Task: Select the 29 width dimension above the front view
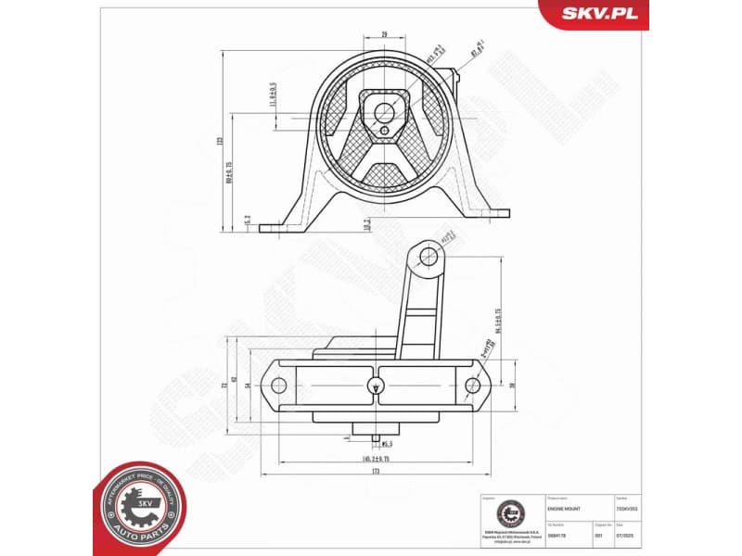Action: tap(384, 34)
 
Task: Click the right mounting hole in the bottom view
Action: tap(473, 385)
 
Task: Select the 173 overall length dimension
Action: tap(376, 472)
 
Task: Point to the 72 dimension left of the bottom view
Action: tap(224, 384)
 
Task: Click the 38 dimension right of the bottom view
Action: tap(511, 384)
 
